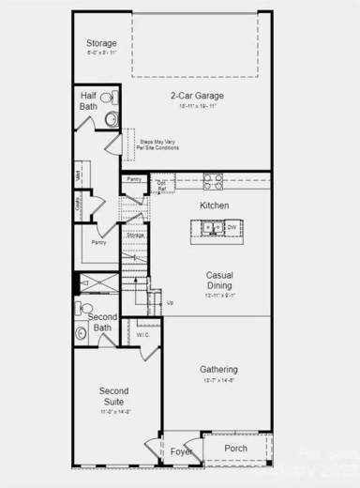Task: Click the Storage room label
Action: (x=101, y=44)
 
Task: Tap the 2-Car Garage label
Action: (x=195, y=96)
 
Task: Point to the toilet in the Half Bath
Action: (x=109, y=98)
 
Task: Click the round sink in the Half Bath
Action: (x=111, y=119)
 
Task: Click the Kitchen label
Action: (x=215, y=206)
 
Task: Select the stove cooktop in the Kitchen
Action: (x=212, y=183)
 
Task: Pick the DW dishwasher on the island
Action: (x=231, y=228)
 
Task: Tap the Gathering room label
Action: (x=218, y=370)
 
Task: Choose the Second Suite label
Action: (x=113, y=396)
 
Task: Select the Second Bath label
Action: (x=101, y=322)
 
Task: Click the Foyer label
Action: (x=180, y=451)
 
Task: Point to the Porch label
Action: (x=236, y=449)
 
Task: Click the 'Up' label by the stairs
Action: (x=170, y=302)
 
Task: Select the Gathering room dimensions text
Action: (x=218, y=381)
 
